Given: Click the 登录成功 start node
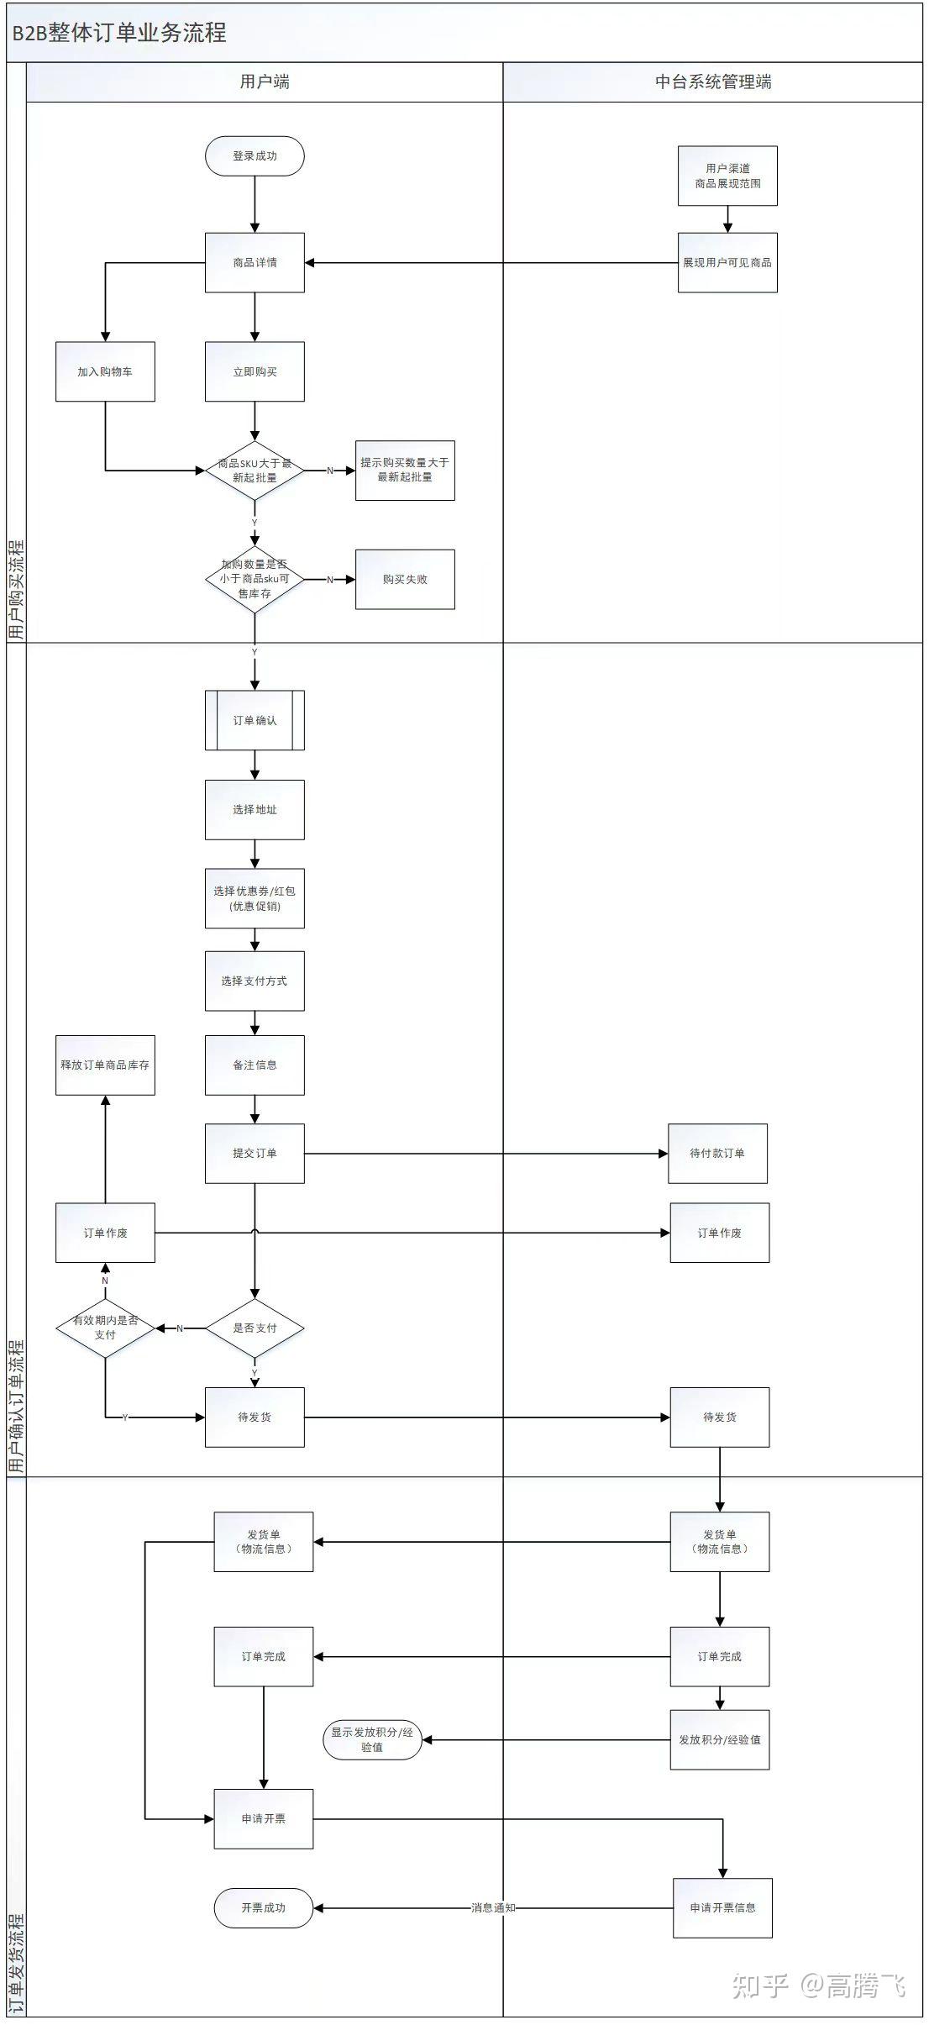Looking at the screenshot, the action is [x=255, y=156].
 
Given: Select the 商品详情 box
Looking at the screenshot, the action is [x=255, y=263].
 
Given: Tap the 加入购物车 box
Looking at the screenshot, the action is [x=105, y=371].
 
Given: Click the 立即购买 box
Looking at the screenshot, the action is [x=255, y=371].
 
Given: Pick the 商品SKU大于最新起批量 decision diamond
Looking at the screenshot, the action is [x=255, y=471].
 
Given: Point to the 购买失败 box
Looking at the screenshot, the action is [x=405, y=580].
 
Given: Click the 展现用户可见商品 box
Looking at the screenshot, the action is [x=727, y=263].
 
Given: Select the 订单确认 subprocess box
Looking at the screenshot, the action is [x=255, y=720].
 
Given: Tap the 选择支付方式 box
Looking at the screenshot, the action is [x=255, y=981].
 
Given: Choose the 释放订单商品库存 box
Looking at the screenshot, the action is [x=105, y=1065].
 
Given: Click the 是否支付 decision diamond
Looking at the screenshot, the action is [x=255, y=1328].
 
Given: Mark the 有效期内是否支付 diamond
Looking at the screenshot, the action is [x=105, y=1328].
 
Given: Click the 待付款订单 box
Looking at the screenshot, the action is [x=717, y=1154].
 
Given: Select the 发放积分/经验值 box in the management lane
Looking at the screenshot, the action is [x=720, y=1739].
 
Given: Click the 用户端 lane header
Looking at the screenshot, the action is [x=265, y=82].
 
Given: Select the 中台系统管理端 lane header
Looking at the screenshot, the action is [x=713, y=82].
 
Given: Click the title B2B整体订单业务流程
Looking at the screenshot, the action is [x=119, y=33].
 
